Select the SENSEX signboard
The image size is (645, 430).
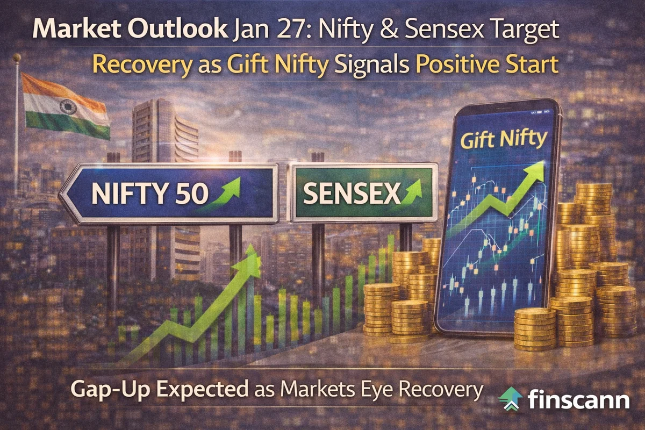(x=361, y=192)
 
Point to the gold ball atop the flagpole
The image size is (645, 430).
(x=18, y=58)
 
